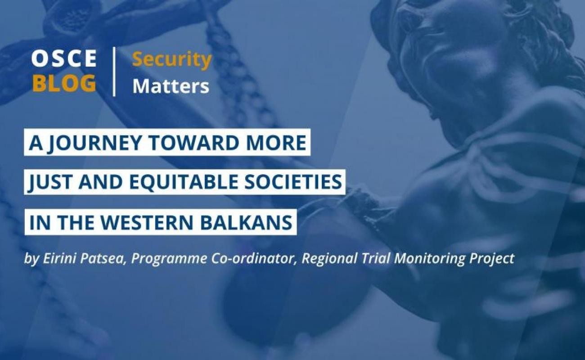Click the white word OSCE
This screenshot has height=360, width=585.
point(64,58)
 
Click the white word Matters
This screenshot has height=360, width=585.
point(171,86)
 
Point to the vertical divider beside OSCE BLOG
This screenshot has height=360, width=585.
point(114,72)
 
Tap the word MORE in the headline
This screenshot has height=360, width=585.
point(273,143)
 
